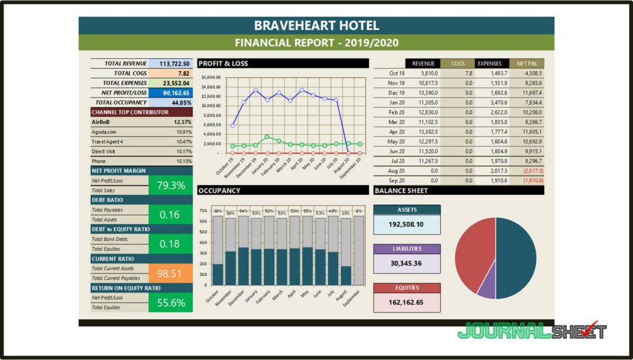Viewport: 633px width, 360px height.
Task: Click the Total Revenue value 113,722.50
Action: [174, 64]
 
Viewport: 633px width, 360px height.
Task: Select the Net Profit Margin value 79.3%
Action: [171, 185]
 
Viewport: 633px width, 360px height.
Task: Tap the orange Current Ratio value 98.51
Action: [171, 273]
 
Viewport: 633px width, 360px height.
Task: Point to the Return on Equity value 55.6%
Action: [171, 302]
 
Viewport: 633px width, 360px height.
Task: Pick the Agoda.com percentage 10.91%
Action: [183, 132]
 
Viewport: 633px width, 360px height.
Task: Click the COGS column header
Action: [457, 63]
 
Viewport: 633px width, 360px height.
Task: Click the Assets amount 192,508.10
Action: [407, 225]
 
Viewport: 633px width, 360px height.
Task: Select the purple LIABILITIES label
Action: [407, 249]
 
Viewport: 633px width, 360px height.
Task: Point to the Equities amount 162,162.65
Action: [407, 302]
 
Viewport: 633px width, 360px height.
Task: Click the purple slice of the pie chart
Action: [486, 286]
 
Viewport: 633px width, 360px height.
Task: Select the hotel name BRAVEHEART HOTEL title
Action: [316, 26]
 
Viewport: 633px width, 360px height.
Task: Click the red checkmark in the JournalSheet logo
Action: [592, 328]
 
